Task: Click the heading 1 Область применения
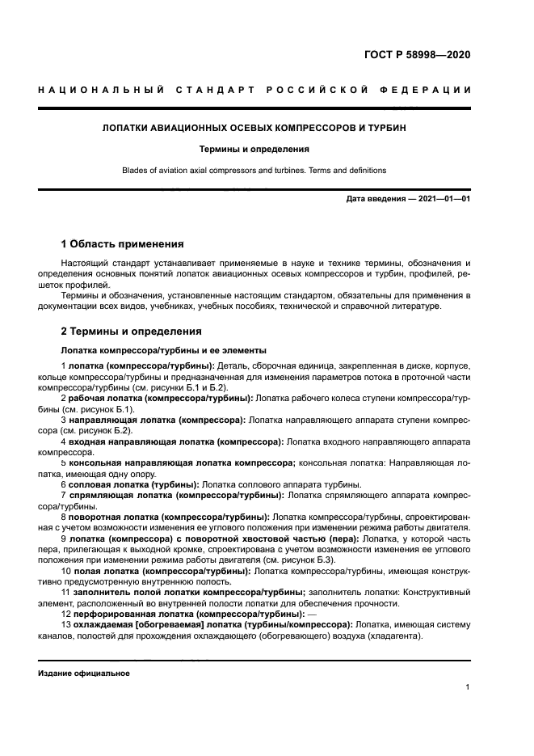coord(123,243)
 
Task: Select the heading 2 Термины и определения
coord(132,332)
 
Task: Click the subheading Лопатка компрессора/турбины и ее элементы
coord(165,351)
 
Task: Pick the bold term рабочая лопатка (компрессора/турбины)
coord(162,399)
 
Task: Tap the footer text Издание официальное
coord(84,673)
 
